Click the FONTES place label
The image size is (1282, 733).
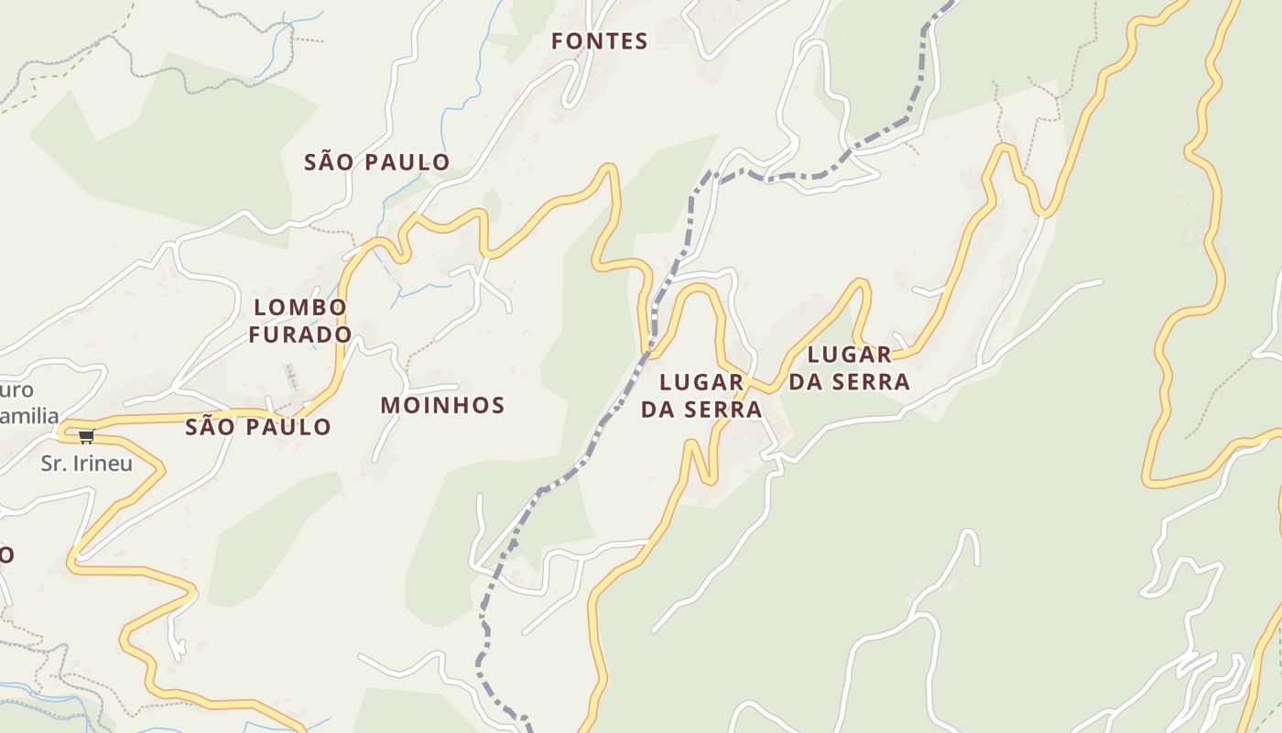tap(600, 41)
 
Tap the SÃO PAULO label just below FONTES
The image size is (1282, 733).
tap(376, 162)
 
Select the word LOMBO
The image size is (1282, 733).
tap(300, 307)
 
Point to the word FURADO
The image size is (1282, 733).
tap(300, 334)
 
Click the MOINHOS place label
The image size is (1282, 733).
tap(442, 405)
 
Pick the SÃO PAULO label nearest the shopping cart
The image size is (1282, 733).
tap(258, 427)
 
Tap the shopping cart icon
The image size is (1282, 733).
tap(86, 435)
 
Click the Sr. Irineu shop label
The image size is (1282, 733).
tap(87, 464)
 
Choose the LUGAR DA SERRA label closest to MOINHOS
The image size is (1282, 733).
tap(701, 395)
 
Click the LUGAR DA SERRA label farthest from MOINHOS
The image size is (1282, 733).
tap(850, 367)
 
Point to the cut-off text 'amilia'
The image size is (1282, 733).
tap(29, 416)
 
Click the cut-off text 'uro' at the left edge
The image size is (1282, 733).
tap(16, 390)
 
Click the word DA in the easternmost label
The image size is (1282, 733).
tap(806, 382)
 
